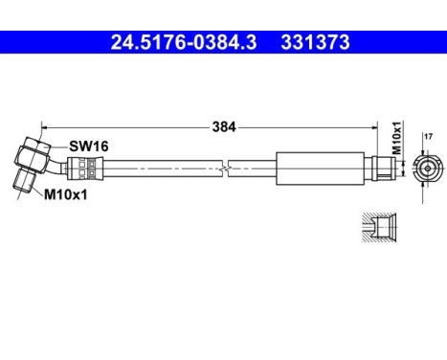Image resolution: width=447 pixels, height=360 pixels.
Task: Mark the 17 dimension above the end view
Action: click(427, 138)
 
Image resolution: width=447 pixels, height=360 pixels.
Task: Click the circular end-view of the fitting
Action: click(427, 169)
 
